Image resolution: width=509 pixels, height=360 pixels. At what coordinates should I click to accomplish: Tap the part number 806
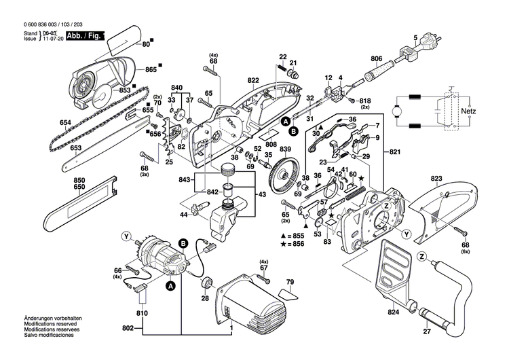(377, 58)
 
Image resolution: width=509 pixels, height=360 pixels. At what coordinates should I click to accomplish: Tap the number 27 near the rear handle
(427, 333)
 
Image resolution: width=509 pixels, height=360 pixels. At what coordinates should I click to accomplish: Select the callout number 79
(289, 281)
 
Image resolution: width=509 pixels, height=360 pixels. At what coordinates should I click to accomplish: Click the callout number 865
(150, 69)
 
